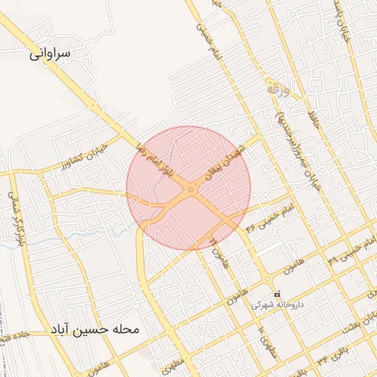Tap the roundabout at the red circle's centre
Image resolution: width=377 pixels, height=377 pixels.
pos(191,190)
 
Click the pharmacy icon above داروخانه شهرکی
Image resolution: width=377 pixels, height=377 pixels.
pos(277,294)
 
